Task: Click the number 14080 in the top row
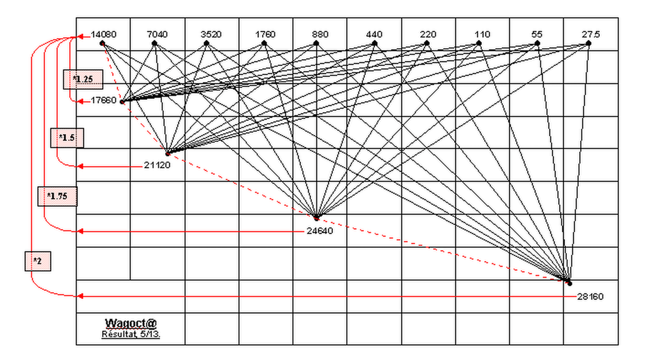point(104,34)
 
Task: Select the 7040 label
point(157,34)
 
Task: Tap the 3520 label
point(211,34)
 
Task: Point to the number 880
point(320,34)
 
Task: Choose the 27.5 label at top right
point(591,34)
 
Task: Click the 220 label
point(428,34)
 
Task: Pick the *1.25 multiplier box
point(83,79)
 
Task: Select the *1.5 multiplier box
point(67,138)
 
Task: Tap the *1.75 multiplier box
point(57,196)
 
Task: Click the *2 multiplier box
point(38,261)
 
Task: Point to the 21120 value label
point(157,165)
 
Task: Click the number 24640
point(320,231)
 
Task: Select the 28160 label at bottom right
point(590,297)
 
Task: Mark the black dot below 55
point(537,43)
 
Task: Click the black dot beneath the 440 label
point(374,43)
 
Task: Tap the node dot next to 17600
point(122,101)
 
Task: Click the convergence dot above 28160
point(569,283)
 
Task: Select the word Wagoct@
point(131,323)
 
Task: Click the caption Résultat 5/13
point(131,334)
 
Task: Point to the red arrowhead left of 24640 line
point(80,231)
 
